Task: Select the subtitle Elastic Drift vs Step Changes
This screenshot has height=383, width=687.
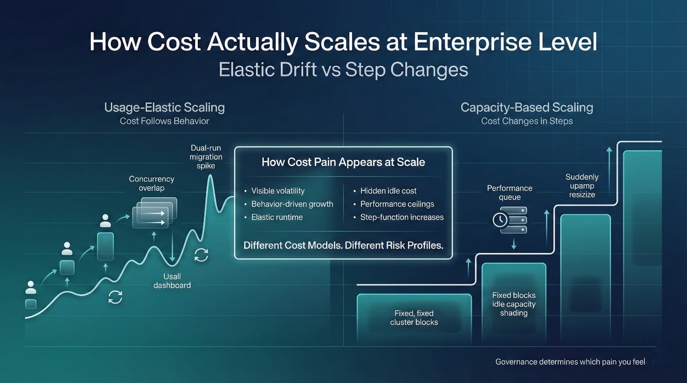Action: [343, 70]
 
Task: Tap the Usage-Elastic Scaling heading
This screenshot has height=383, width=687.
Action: [164, 108]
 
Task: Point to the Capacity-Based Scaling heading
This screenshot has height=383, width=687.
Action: [527, 108]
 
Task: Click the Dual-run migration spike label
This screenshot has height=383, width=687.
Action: [206, 157]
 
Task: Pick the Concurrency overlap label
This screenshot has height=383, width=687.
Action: [152, 183]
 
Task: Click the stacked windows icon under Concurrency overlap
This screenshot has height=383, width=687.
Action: [155, 213]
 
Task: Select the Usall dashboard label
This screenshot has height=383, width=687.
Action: [172, 281]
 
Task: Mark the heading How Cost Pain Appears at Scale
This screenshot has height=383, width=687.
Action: [343, 162]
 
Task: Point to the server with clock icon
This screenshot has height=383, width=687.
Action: [510, 220]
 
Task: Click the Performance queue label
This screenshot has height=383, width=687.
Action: [510, 193]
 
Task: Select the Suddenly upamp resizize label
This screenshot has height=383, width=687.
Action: [582, 186]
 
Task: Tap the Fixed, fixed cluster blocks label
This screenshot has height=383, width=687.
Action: [414, 318]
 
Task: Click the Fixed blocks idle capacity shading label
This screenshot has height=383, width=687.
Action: [514, 304]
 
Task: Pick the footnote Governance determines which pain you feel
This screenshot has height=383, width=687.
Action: [570, 362]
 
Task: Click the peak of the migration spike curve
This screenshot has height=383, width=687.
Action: [210, 175]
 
